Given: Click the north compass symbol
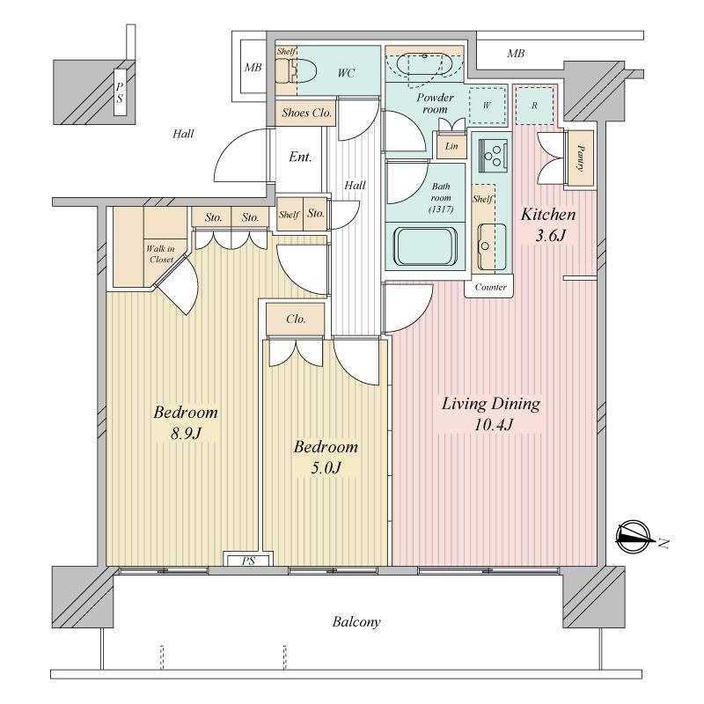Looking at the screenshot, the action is coord(634,537).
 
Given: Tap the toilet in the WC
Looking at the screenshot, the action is coord(297,71).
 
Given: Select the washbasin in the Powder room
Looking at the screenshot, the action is coord(424,65).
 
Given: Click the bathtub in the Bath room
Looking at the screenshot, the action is coord(425,246).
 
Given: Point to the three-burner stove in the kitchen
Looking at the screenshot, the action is coord(493,156).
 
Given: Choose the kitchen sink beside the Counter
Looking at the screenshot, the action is coord(491,246).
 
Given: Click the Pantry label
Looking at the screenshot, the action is coord(580,158).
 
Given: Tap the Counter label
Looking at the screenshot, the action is coord(490,287).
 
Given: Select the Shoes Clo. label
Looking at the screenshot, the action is coord(306,113).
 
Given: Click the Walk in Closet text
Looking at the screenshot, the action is coord(161,253).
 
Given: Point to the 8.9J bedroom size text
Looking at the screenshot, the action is coord(185,433).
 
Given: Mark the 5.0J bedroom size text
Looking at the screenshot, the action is coord(326,468).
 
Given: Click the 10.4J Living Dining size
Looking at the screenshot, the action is coord(494,424).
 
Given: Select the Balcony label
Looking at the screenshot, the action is coord(356,622).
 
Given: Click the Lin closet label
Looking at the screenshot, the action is coord(451,146).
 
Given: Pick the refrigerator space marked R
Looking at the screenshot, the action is coord(534,105).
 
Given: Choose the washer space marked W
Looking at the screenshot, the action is coord(488,106).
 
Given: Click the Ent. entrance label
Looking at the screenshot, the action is coord(300,157).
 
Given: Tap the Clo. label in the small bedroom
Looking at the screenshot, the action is coord(296,319).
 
